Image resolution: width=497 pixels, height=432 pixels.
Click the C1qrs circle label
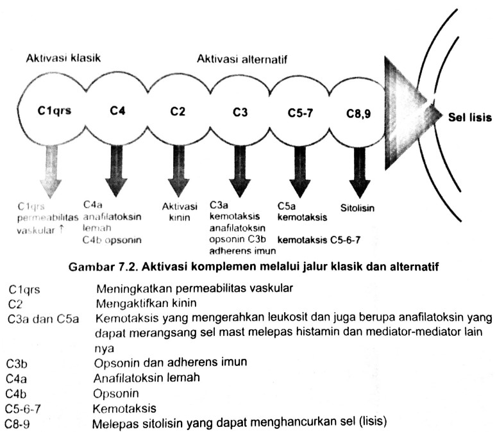pyautogui.click(x=54, y=110)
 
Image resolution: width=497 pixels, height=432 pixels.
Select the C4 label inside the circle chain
pyautogui.click(x=117, y=110)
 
